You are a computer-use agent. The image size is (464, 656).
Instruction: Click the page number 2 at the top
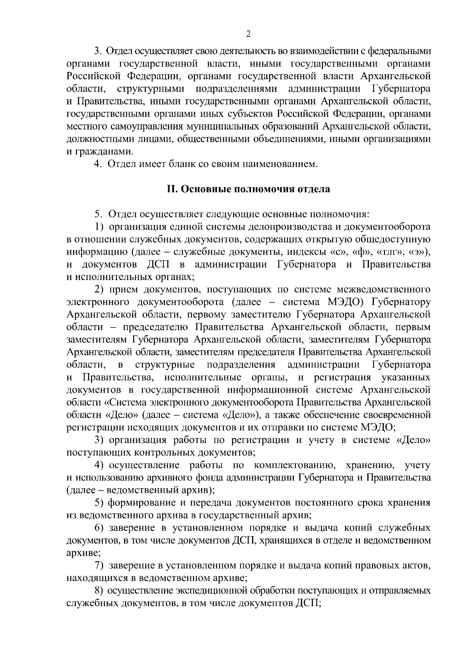tap(248, 34)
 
